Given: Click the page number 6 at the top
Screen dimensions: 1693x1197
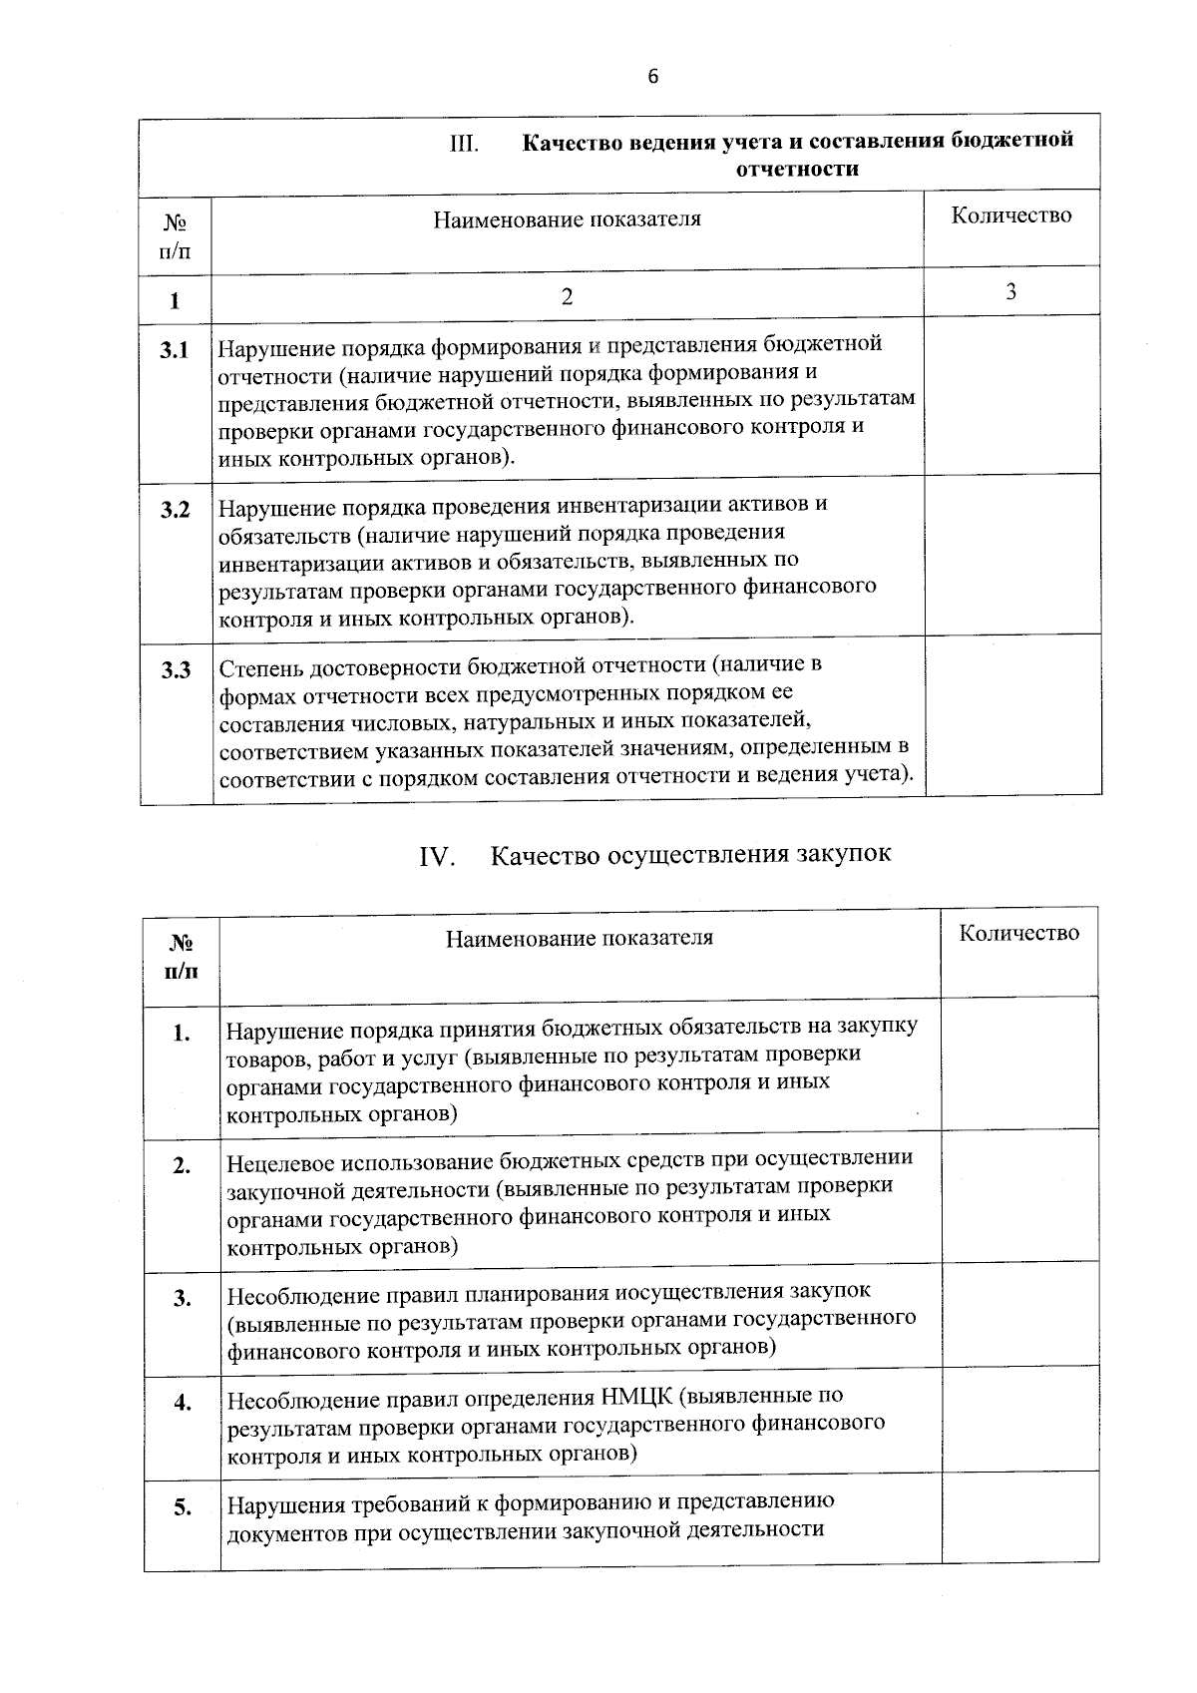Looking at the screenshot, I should [x=653, y=77].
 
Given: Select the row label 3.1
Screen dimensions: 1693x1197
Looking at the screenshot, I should [x=176, y=350].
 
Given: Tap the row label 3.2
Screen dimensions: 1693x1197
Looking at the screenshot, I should [x=176, y=510].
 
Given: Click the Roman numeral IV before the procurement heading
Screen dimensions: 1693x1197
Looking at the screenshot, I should [x=436, y=856].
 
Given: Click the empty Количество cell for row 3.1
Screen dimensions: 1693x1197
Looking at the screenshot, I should [x=1011, y=394].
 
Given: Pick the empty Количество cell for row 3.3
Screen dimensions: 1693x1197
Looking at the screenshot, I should [x=1011, y=714].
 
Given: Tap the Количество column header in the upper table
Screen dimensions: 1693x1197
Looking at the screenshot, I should [x=1011, y=215].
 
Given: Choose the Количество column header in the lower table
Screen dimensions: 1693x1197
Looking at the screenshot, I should [x=1019, y=933].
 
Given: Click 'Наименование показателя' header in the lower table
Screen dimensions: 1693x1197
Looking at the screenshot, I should [x=580, y=938].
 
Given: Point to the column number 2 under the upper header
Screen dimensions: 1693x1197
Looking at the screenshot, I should [x=567, y=296].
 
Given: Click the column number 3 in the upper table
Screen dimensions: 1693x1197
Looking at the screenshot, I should [x=1011, y=291].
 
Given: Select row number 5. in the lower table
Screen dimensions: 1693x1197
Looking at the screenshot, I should [x=183, y=1507].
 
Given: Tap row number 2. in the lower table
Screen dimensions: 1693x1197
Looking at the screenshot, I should [x=182, y=1165].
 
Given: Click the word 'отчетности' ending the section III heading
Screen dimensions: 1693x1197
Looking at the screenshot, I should [x=797, y=169].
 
